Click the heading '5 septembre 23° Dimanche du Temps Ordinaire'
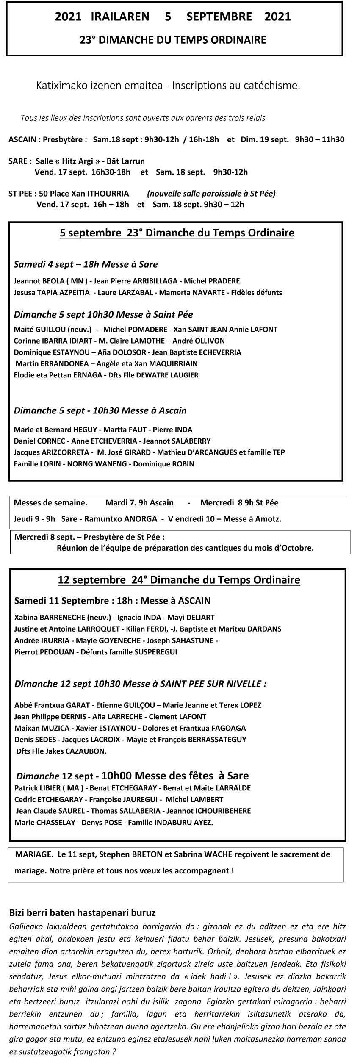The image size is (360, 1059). pos(177,233)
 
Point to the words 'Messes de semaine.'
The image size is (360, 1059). pos(50,503)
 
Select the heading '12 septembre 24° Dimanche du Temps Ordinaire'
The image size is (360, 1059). pos(179,580)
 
